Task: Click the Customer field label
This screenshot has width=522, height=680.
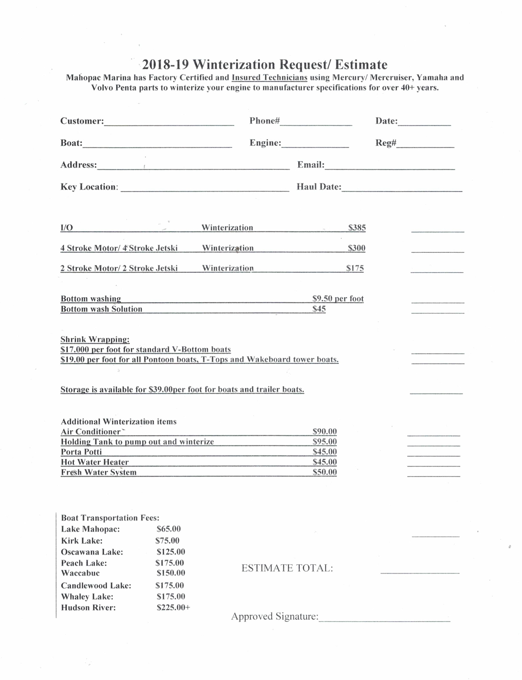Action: (x=82, y=121)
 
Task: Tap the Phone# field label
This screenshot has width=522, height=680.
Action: (x=265, y=121)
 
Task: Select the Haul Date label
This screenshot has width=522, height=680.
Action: (x=319, y=187)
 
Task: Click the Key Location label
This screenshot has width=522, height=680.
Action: (x=89, y=187)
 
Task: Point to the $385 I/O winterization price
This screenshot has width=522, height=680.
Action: (x=357, y=227)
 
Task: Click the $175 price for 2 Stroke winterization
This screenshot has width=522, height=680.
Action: (x=355, y=268)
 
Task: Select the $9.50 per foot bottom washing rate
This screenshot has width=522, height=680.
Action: (x=338, y=299)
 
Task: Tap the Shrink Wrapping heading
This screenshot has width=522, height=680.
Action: (x=95, y=339)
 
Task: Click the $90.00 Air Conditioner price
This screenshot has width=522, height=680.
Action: (x=324, y=432)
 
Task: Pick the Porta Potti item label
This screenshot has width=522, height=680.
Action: (x=81, y=452)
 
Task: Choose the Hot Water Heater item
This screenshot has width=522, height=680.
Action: (x=94, y=462)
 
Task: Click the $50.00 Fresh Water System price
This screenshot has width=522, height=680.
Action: (x=324, y=473)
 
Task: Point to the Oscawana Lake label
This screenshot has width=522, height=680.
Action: (x=92, y=552)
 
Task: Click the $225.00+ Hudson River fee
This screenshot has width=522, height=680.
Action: (x=173, y=608)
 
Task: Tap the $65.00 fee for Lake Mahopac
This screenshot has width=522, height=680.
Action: (x=168, y=529)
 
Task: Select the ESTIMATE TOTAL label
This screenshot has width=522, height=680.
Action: (x=287, y=568)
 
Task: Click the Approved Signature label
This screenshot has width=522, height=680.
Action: (x=275, y=617)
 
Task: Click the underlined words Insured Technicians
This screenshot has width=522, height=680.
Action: (x=269, y=78)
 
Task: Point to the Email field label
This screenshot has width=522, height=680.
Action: (x=310, y=165)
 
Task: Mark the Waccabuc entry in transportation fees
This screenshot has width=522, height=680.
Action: (x=80, y=573)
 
